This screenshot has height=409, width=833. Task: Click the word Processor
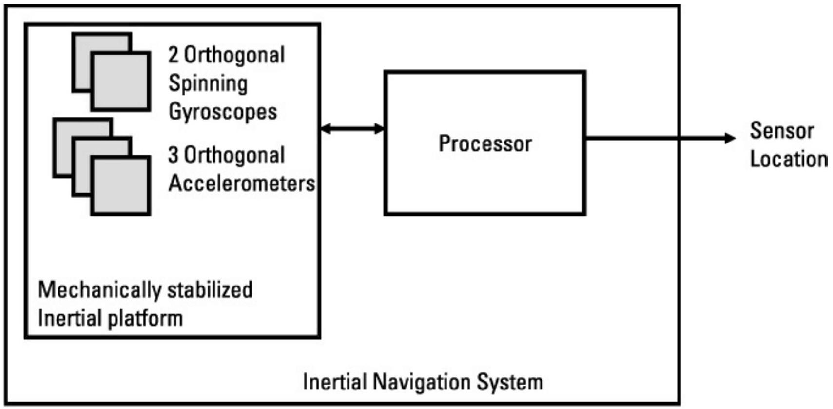[x=485, y=143]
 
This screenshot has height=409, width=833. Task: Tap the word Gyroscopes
[x=223, y=112]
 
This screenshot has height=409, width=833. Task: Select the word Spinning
[x=208, y=84]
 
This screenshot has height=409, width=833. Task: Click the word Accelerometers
[x=242, y=184]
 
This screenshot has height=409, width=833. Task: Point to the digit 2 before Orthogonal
[x=173, y=55]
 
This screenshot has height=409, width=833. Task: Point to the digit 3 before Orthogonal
[x=173, y=155]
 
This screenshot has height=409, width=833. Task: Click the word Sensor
[x=782, y=131]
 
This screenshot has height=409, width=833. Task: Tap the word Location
[x=789, y=159]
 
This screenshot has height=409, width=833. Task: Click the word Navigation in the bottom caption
[x=422, y=382]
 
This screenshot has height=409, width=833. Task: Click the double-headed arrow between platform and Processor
[x=352, y=129]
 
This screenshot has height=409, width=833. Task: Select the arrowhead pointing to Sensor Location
[x=730, y=138]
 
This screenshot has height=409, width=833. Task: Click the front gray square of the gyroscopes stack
[x=120, y=81]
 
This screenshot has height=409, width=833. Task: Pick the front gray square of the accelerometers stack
[x=120, y=185]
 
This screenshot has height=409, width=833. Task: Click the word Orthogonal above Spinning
[x=234, y=55]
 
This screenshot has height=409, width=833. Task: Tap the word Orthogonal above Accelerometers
[x=234, y=155]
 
